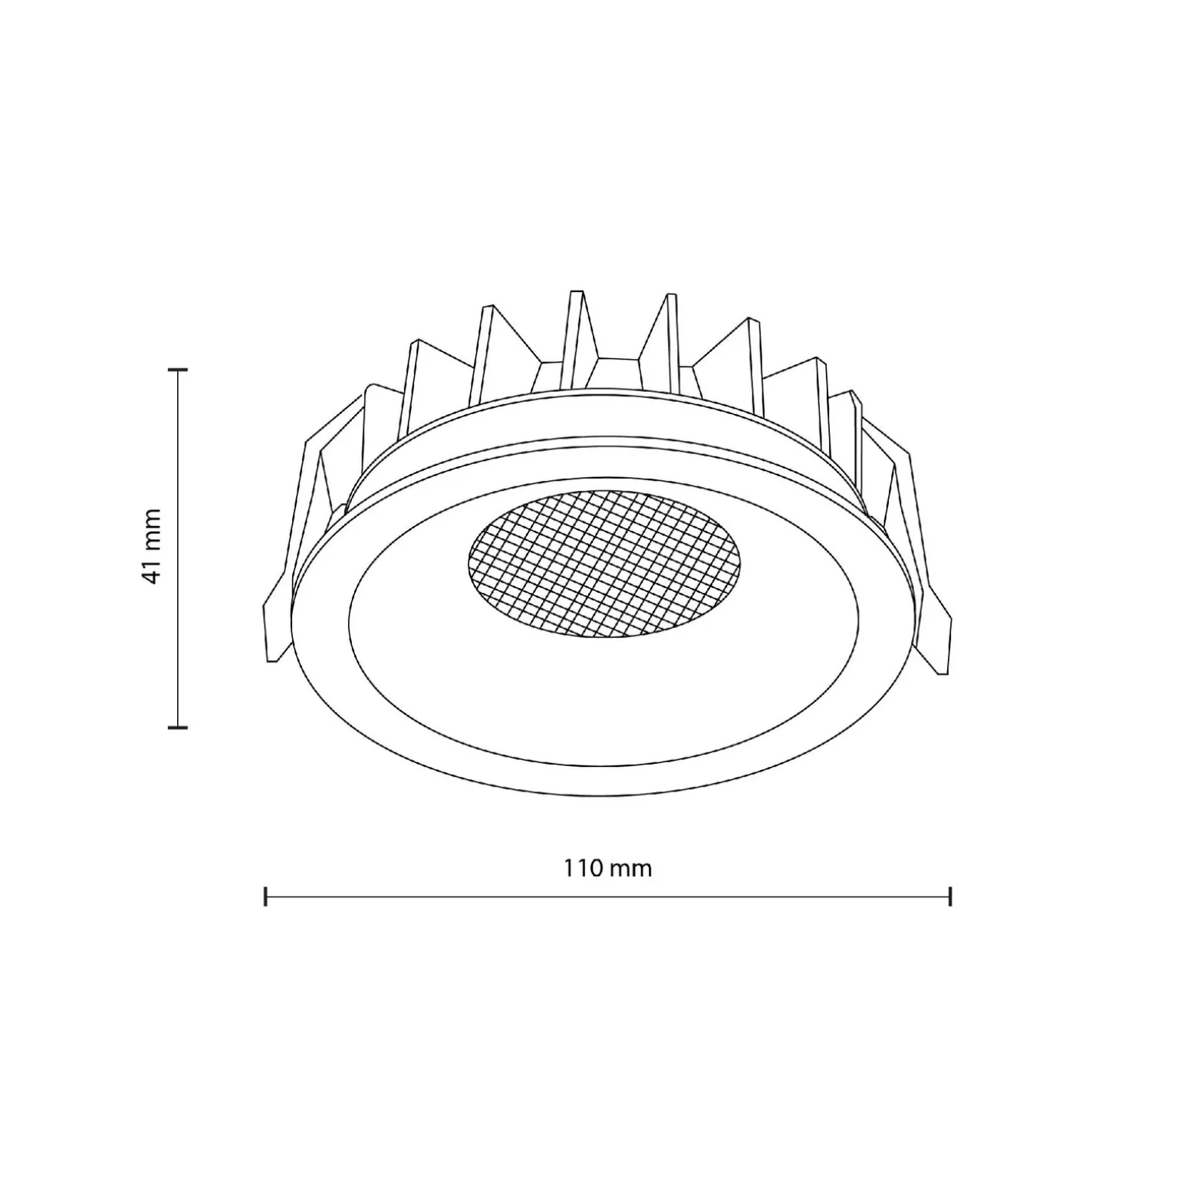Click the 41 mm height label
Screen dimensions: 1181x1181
[x=153, y=546]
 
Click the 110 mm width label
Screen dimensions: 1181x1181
[x=608, y=868]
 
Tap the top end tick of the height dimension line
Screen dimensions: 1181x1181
[x=178, y=370]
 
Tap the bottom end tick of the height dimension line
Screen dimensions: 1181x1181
[x=178, y=725]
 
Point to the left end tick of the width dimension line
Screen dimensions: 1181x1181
[x=265, y=896]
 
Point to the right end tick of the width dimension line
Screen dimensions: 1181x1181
[x=950, y=896]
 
